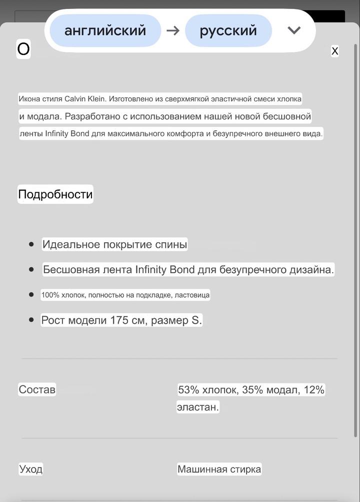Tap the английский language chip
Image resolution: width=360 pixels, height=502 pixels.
pyautogui.click(x=105, y=30)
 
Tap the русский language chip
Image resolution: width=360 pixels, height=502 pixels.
pyautogui.click(x=228, y=30)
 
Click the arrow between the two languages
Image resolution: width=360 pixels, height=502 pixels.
pyautogui.click(x=173, y=30)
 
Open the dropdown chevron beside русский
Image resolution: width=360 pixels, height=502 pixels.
pyautogui.click(x=294, y=30)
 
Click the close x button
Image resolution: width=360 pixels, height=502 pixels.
pyautogui.click(x=335, y=50)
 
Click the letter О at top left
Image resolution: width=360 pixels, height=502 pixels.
pyautogui.click(x=23, y=49)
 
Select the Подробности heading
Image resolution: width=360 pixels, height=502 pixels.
pyautogui.click(x=55, y=194)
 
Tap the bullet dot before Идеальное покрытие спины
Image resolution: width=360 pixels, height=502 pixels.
pyautogui.click(x=31, y=244)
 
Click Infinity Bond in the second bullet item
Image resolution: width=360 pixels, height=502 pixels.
pyautogui.click(x=164, y=270)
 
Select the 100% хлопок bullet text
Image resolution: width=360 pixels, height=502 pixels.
pyautogui.click(x=125, y=295)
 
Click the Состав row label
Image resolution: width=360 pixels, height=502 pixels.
pyautogui.click(x=37, y=390)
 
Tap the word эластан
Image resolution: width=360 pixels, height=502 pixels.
pyautogui.click(x=197, y=407)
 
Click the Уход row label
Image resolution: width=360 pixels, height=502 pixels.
pyautogui.click(x=30, y=469)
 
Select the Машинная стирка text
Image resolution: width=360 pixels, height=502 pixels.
pyautogui.click(x=219, y=469)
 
